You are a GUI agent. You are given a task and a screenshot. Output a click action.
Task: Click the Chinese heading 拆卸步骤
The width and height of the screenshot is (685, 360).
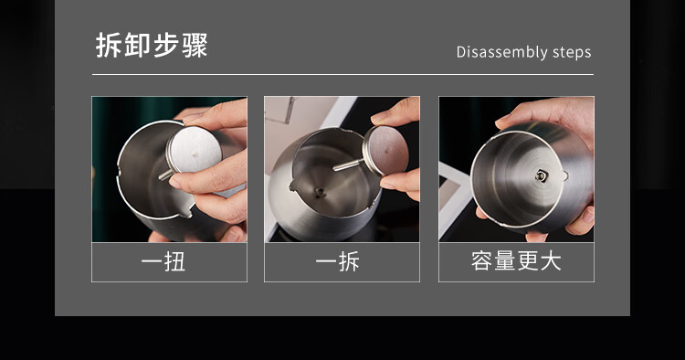pyautogui.click(x=152, y=45)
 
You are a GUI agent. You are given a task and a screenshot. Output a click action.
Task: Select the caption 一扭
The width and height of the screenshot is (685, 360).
pyautogui.click(x=163, y=261)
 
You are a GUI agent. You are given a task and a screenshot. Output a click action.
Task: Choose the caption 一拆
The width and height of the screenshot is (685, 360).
pyautogui.click(x=338, y=261)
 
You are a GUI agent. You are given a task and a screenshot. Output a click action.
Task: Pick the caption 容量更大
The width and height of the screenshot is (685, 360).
pyautogui.click(x=516, y=260)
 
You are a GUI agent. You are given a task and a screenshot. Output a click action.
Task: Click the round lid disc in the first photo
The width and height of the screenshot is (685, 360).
pyautogui.click(x=194, y=149)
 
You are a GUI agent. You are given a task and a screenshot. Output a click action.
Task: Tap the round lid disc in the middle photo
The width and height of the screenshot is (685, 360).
pyautogui.click(x=385, y=150)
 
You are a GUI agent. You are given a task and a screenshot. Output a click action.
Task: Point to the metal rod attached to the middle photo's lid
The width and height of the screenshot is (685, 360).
pyautogui.click(x=348, y=164)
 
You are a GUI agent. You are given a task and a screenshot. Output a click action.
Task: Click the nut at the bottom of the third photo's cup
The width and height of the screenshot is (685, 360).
pyautogui.click(x=542, y=175)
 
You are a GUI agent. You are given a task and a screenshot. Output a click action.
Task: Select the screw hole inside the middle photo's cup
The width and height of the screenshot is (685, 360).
pyautogui.click(x=320, y=190)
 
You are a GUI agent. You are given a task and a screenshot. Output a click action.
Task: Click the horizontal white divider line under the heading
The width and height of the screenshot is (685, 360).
pyautogui.click(x=342, y=75)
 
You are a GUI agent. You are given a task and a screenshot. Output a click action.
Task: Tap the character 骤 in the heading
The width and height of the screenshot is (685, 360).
pyautogui.click(x=195, y=45)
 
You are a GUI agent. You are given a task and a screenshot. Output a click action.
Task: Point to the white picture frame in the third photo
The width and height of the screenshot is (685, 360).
pyautogui.click(x=453, y=196)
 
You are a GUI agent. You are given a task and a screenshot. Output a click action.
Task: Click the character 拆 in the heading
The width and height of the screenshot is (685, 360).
pyautogui.click(x=109, y=45)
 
